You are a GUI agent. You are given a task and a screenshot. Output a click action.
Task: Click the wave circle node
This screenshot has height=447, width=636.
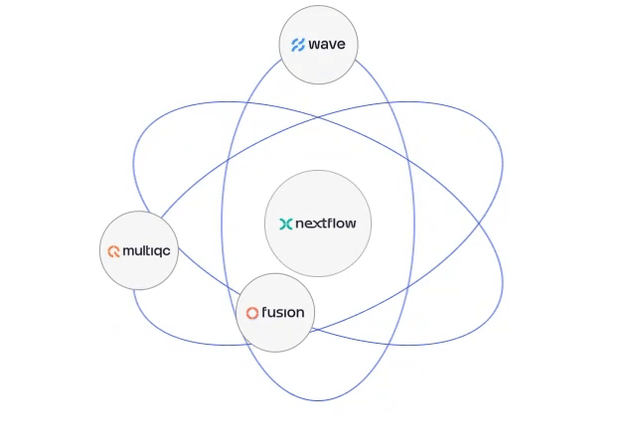tap(318, 45)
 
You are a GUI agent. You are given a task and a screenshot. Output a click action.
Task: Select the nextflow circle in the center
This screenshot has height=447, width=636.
tap(318, 223)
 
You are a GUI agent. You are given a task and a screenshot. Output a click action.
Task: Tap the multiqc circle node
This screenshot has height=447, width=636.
tap(139, 251)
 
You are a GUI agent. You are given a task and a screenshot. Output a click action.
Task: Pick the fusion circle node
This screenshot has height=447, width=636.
tap(275, 313)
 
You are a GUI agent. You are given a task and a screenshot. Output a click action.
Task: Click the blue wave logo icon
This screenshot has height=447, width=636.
tap(297, 45)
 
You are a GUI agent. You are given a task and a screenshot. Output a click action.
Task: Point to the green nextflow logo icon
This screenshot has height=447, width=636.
tap(286, 224)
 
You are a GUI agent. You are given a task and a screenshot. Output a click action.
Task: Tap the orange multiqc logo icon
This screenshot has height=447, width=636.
tap(114, 252)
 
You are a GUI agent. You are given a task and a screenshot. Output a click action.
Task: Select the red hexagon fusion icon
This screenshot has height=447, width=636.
tap(252, 314)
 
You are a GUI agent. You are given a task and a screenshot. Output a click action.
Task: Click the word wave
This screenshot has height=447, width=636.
tap(327, 45)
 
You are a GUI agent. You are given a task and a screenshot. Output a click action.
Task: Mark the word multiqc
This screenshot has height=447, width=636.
tap(146, 252)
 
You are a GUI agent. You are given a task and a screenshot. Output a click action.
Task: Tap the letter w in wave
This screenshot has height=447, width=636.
tap(314, 45)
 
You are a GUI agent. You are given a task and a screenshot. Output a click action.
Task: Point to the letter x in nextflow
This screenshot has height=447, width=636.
tap(313, 224)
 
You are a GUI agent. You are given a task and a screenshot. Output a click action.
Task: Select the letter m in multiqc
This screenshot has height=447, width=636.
tap(128, 252)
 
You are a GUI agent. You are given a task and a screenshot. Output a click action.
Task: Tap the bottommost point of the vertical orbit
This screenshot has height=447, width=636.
tap(318, 401)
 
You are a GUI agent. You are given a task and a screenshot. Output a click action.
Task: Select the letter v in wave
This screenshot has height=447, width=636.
tap(332, 45)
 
